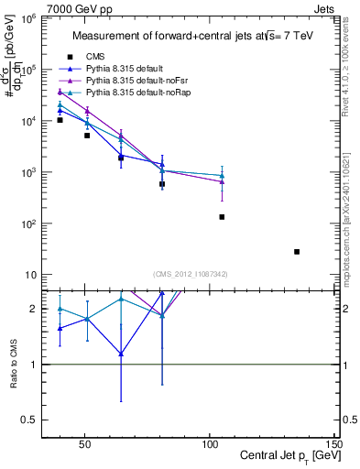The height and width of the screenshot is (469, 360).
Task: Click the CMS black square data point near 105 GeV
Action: click(x=222, y=217)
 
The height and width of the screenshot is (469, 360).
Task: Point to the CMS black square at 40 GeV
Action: click(x=60, y=120)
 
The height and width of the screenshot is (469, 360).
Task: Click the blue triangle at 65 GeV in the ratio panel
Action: click(x=121, y=354)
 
